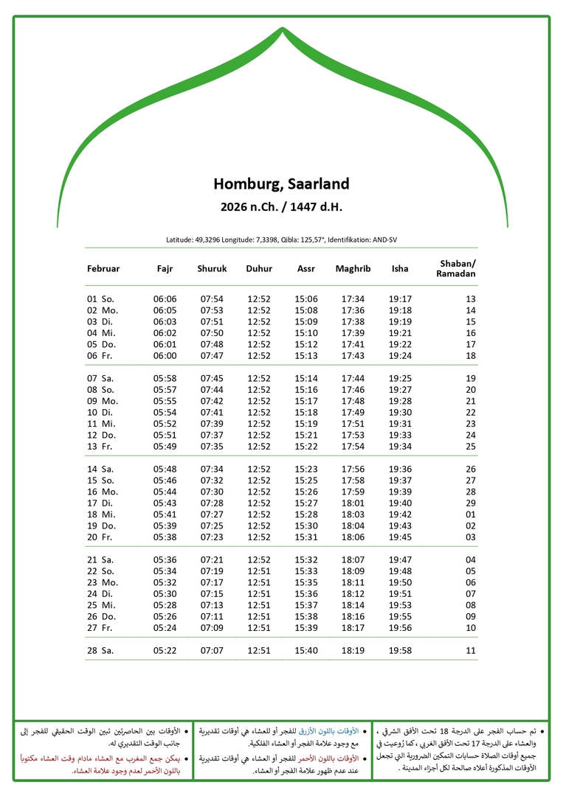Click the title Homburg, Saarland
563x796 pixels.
point(281,184)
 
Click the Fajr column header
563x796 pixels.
point(165,269)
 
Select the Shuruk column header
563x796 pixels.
point(212,269)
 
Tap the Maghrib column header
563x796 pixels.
point(353,269)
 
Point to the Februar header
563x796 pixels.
point(103,269)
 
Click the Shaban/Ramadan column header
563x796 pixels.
point(457,269)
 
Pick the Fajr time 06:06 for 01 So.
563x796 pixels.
point(165,299)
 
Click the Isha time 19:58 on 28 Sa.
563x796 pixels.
point(400,651)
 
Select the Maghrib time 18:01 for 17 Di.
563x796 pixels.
point(353,503)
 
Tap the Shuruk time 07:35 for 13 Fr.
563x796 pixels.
point(212,447)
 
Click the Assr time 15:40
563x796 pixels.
point(306,651)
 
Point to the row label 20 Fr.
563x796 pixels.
point(101,537)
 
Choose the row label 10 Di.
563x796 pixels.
point(101,413)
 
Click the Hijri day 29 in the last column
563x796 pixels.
point(470,503)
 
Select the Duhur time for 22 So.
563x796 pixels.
point(259,571)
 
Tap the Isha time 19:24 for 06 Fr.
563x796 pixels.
point(400,356)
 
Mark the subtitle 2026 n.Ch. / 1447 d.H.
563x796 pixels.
point(281,207)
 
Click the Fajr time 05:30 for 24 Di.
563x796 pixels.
point(165,594)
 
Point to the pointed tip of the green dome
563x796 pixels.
point(282,29)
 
